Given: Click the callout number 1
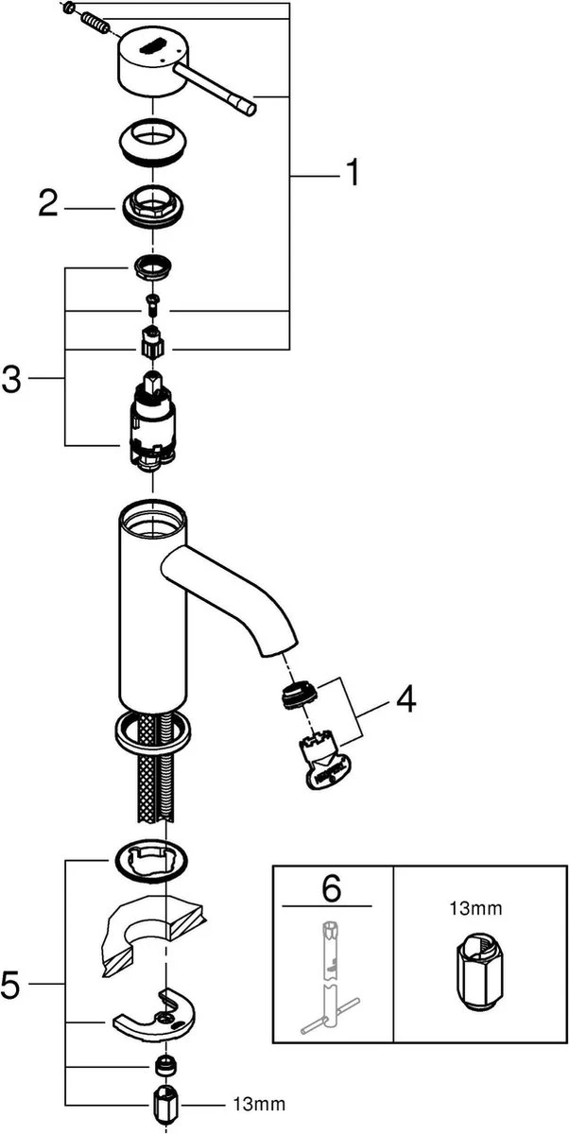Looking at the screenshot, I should (351, 174).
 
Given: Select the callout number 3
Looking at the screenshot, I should (11, 380).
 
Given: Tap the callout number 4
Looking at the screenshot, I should (405, 700).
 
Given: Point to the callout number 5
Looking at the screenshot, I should (11, 986).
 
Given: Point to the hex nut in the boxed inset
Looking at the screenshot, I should (474, 973).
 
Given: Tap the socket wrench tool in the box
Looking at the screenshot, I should (332, 983).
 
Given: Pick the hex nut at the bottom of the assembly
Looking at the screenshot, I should (167, 1104).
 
